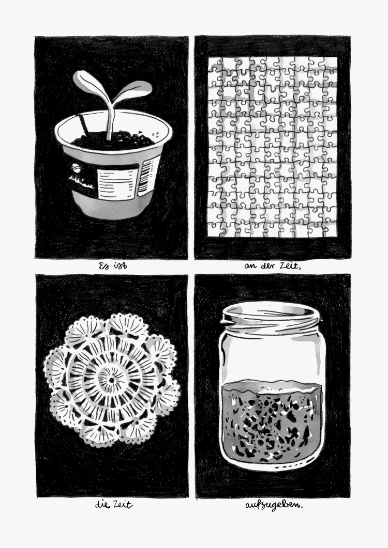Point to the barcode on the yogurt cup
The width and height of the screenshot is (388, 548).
click(x=146, y=177)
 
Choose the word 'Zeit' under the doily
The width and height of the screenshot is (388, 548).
click(x=123, y=504)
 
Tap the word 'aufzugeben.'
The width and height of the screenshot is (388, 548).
click(x=274, y=505)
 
